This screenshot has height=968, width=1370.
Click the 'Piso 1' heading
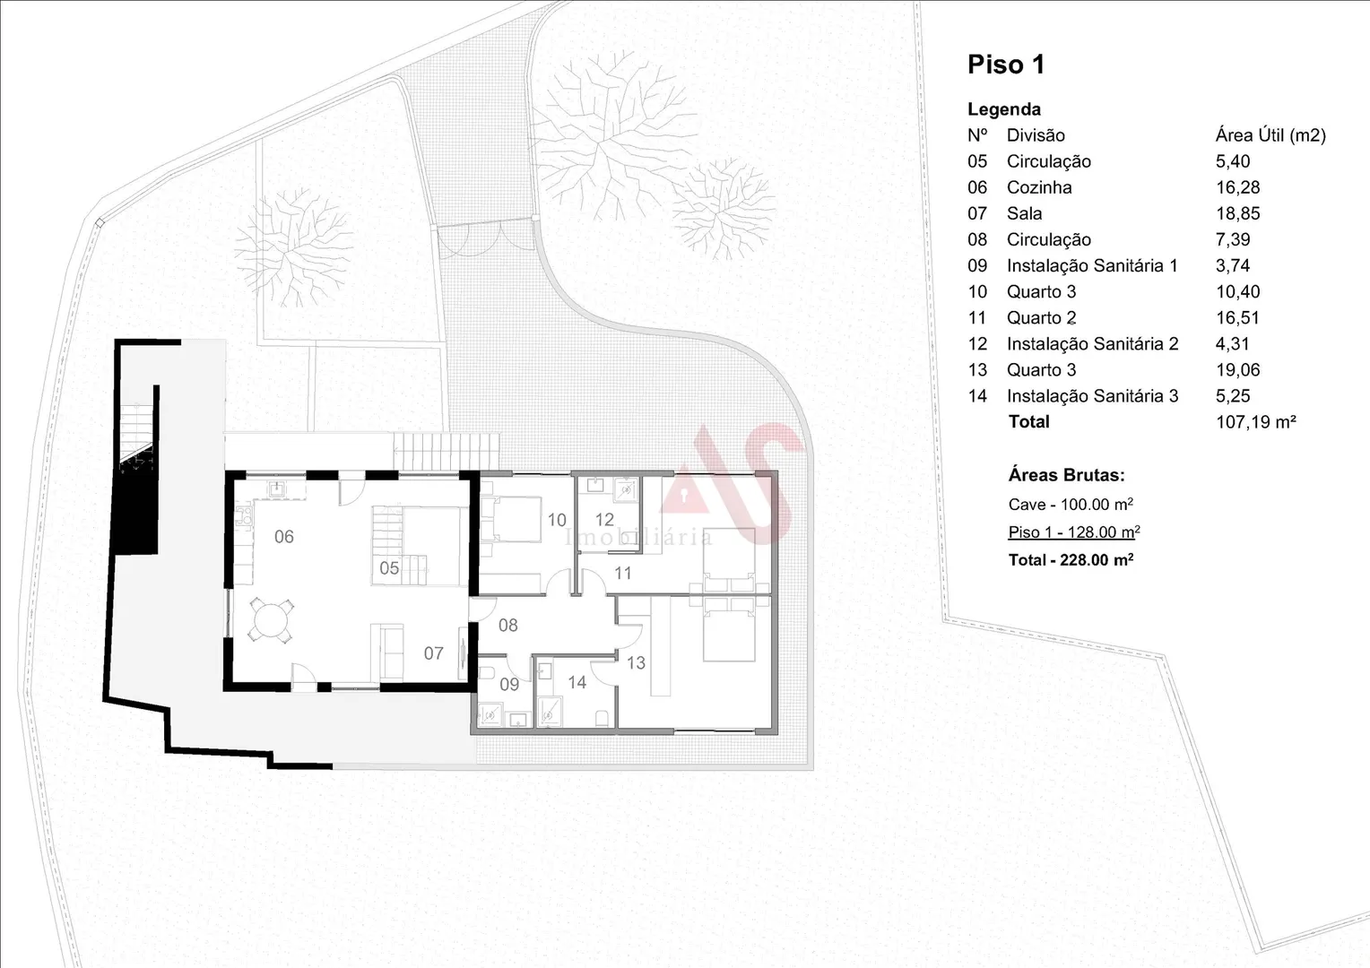click(x=1006, y=65)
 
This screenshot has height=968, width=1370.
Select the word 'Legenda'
click(x=1003, y=109)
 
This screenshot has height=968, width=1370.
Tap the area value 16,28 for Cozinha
click(x=1237, y=187)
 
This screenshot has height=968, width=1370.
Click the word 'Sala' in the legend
click(x=1025, y=213)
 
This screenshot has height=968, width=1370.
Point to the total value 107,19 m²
click(x=1255, y=422)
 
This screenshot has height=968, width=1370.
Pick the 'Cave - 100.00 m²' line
click(x=1071, y=505)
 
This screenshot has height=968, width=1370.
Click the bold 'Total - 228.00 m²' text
click(x=1071, y=560)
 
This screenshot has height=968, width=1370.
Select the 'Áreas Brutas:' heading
click(x=1066, y=475)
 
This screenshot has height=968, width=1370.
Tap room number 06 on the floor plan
click(x=284, y=537)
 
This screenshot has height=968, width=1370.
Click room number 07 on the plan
click(x=434, y=653)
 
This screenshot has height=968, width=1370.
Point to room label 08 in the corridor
click(x=507, y=625)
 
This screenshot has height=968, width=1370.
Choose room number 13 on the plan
click(x=636, y=663)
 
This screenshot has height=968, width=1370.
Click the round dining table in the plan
click(x=271, y=621)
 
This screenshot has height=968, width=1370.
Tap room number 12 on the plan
click(x=604, y=520)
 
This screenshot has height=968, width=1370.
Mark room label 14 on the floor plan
click(x=577, y=682)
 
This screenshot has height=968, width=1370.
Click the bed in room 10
click(x=511, y=519)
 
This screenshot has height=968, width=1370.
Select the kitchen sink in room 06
click(x=278, y=488)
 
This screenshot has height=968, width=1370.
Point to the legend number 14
click(x=977, y=396)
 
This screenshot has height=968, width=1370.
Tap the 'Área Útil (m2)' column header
click(x=1270, y=135)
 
